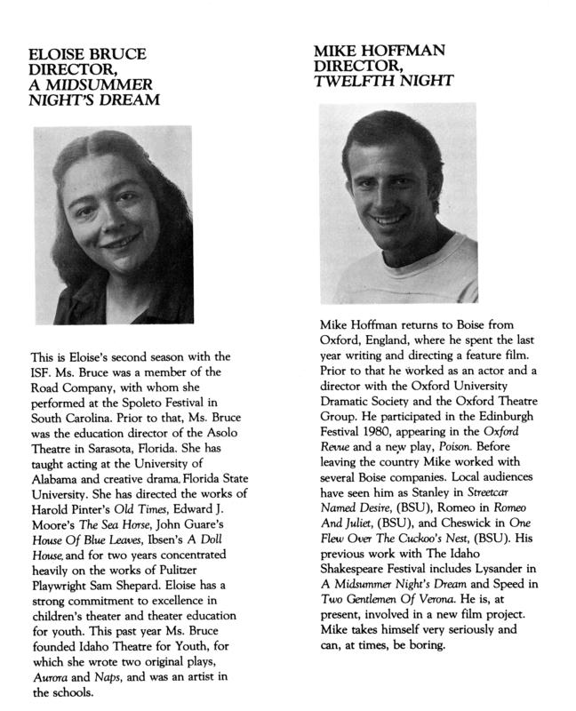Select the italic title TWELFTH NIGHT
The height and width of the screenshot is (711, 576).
(x=384, y=82)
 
